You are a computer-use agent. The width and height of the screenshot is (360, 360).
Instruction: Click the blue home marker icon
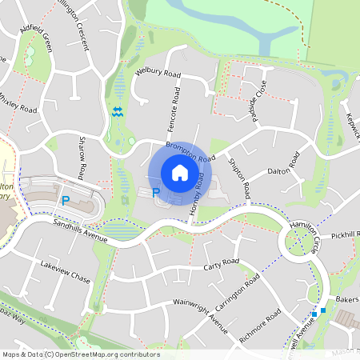pos(180,173)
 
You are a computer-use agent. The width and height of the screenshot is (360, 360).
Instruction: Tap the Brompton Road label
pos(191,151)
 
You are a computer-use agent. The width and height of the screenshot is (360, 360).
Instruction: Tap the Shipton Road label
pos(239,178)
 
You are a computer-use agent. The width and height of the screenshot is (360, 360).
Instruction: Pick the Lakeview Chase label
pos(66,272)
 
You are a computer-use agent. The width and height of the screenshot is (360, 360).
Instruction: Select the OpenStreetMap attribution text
pos(80,354)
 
